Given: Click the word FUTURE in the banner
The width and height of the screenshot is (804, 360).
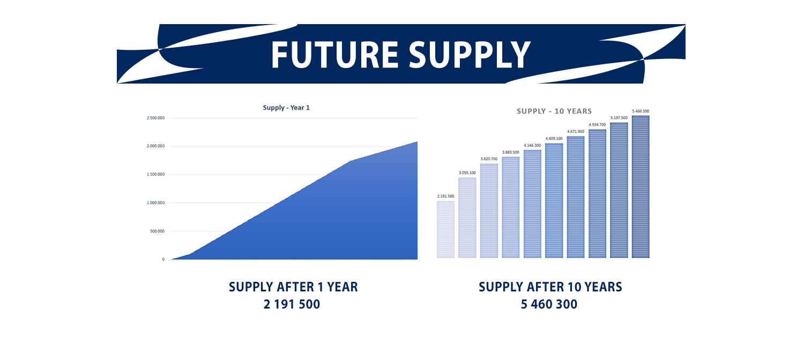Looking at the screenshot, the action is pyautogui.click(x=334, y=55).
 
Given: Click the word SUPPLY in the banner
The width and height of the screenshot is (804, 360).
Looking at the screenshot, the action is pyautogui.click(x=470, y=55).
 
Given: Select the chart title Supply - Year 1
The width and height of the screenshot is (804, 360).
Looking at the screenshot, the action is pyautogui.click(x=286, y=108).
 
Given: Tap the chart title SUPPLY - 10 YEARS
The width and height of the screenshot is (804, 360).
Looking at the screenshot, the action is pyautogui.click(x=554, y=111).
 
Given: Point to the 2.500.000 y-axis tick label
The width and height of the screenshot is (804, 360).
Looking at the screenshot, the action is pyautogui.click(x=155, y=118).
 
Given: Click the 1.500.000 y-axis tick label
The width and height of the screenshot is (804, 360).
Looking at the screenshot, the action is pyautogui.click(x=155, y=175).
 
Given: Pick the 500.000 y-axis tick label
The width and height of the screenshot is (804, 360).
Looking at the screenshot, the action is pyautogui.click(x=157, y=231).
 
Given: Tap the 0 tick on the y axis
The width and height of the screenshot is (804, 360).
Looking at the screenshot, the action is pyautogui.click(x=163, y=259).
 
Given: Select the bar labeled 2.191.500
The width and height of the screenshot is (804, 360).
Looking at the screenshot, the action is pyautogui.click(x=446, y=229).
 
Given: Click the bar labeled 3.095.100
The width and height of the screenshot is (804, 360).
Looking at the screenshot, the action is pyautogui.click(x=467, y=217).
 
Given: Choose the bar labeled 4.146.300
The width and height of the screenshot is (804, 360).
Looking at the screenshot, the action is pyautogui.click(x=532, y=204).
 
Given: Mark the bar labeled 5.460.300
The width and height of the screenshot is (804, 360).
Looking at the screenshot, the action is pyautogui.click(x=641, y=186).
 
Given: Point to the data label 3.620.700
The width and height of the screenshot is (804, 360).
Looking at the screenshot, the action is pyautogui.click(x=489, y=159).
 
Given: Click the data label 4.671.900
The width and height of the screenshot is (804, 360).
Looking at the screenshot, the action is pyautogui.click(x=575, y=132).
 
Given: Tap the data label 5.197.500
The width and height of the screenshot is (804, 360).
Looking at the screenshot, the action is pyautogui.click(x=619, y=118).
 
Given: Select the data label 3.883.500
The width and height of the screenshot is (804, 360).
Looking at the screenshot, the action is pyautogui.click(x=510, y=152).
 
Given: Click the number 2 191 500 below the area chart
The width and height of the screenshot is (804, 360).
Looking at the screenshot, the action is pyautogui.click(x=292, y=304).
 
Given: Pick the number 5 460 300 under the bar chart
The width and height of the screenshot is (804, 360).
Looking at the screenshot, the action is pyautogui.click(x=549, y=304).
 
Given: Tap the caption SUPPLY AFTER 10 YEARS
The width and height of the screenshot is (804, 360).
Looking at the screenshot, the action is pyautogui.click(x=550, y=287).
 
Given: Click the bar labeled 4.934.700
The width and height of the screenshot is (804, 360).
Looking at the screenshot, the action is pyautogui.click(x=597, y=193).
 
